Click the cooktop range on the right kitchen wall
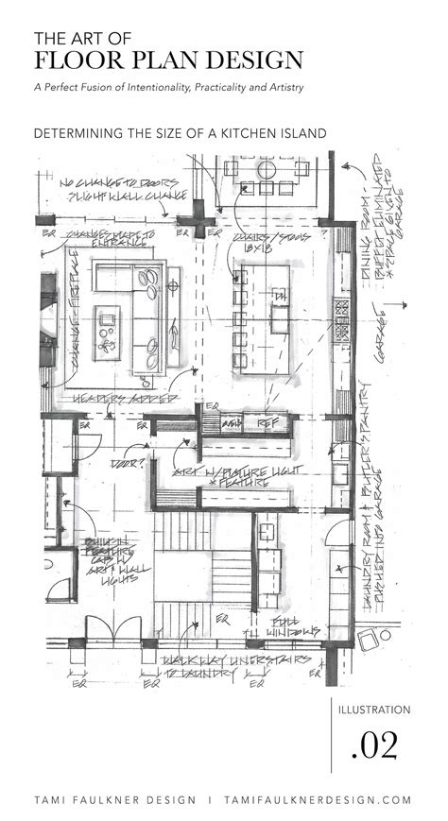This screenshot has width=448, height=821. pyautogui.click(x=342, y=312)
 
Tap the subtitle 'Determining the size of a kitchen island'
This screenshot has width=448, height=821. pyautogui.click(x=180, y=133)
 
